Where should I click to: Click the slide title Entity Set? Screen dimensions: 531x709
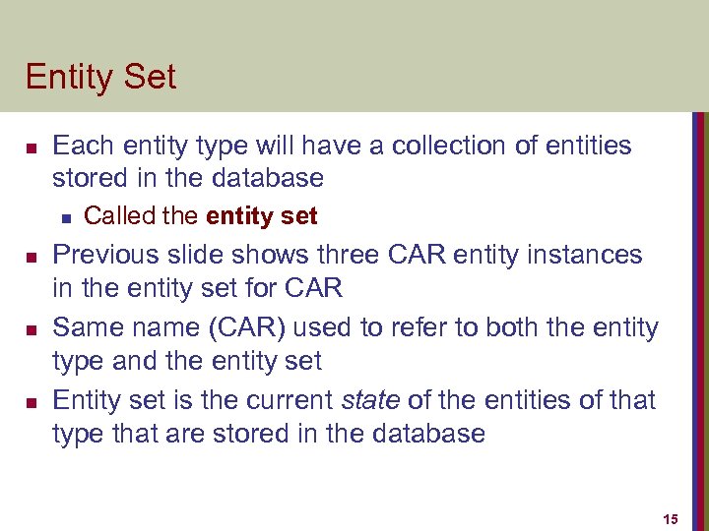[100, 77]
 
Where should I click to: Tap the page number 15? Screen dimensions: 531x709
[672, 518]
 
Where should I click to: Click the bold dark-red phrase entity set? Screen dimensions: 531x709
[262, 215]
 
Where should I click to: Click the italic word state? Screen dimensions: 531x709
[371, 400]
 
